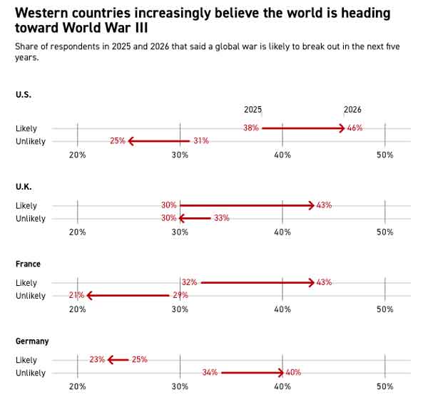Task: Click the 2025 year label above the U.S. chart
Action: (x=253, y=110)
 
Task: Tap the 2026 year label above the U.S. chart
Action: (x=352, y=110)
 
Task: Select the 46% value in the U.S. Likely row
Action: (x=355, y=128)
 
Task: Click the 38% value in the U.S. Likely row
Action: (x=250, y=128)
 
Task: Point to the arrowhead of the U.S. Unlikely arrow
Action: (x=131, y=141)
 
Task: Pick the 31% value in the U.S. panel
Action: (x=200, y=141)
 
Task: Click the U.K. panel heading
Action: (x=24, y=187)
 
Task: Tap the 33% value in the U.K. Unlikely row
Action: (x=221, y=218)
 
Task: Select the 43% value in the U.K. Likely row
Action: (x=324, y=205)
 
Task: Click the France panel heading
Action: (x=28, y=264)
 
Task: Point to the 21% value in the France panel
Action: (x=76, y=295)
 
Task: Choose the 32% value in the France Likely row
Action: (x=189, y=282)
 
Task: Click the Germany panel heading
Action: (x=32, y=341)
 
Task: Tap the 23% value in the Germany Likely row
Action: (x=97, y=360)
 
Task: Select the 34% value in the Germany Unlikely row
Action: (x=210, y=373)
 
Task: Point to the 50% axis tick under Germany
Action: (x=384, y=386)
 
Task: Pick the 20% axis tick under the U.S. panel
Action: (x=77, y=155)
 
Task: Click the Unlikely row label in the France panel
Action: (x=31, y=296)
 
